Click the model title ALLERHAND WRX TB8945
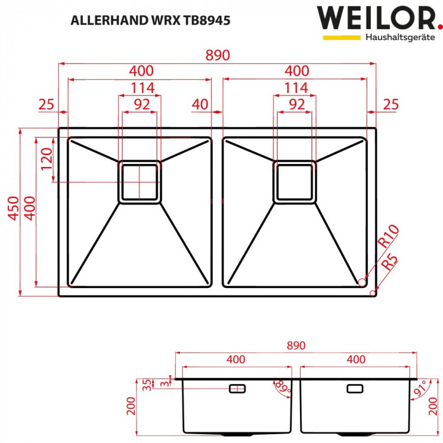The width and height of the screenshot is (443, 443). pyautogui.click(x=150, y=20)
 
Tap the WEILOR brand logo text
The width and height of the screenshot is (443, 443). pyautogui.click(x=375, y=18)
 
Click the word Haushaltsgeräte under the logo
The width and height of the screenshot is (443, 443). pyautogui.click(x=399, y=37)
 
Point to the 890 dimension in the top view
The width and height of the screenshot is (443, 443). pyautogui.click(x=217, y=55)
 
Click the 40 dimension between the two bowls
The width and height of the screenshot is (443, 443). pyautogui.click(x=200, y=104)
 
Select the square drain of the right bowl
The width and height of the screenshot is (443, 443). pyautogui.click(x=295, y=182)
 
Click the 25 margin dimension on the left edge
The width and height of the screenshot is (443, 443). pyautogui.click(x=46, y=104)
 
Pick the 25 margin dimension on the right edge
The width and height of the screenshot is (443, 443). pyautogui.click(x=390, y=104)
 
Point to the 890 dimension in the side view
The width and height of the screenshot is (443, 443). pyautogui.click(x=296, y=346)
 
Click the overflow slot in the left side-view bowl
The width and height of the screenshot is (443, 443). pyautogui.click(x=237, y=387)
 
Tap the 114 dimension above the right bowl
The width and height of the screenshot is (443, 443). pyautogui.click(x=296, y=87)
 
